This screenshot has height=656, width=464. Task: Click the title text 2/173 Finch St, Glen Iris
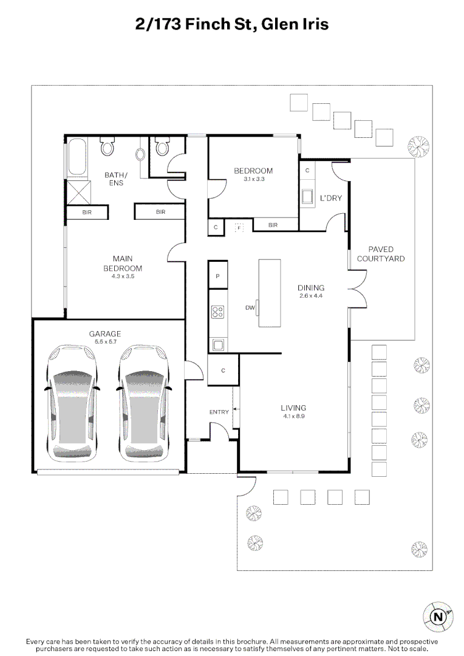[231, 24]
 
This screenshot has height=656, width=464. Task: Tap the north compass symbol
[437, 617]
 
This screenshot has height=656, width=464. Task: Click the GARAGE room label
[104, 333]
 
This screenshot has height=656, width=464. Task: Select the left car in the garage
[72, 403]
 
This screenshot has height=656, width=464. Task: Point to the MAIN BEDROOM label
[126, 264]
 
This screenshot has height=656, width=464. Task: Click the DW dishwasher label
[250, 308]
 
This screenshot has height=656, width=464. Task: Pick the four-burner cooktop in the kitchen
[217, 312]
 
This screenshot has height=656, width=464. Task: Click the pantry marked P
[217, 276]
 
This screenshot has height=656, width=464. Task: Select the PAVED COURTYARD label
[381, 254]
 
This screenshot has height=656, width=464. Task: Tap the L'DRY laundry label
[330, 198]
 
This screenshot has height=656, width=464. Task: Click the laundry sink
[307, 197]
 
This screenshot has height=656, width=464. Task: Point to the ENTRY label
[219, 412]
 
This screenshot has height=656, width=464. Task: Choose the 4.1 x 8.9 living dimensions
[293, 416]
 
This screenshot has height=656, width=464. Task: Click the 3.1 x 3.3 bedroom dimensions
[253, 179]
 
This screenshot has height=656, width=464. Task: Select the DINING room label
[310, 288]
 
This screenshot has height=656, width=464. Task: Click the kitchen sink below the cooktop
[217, 345]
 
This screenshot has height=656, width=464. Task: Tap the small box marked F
[239, 228]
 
